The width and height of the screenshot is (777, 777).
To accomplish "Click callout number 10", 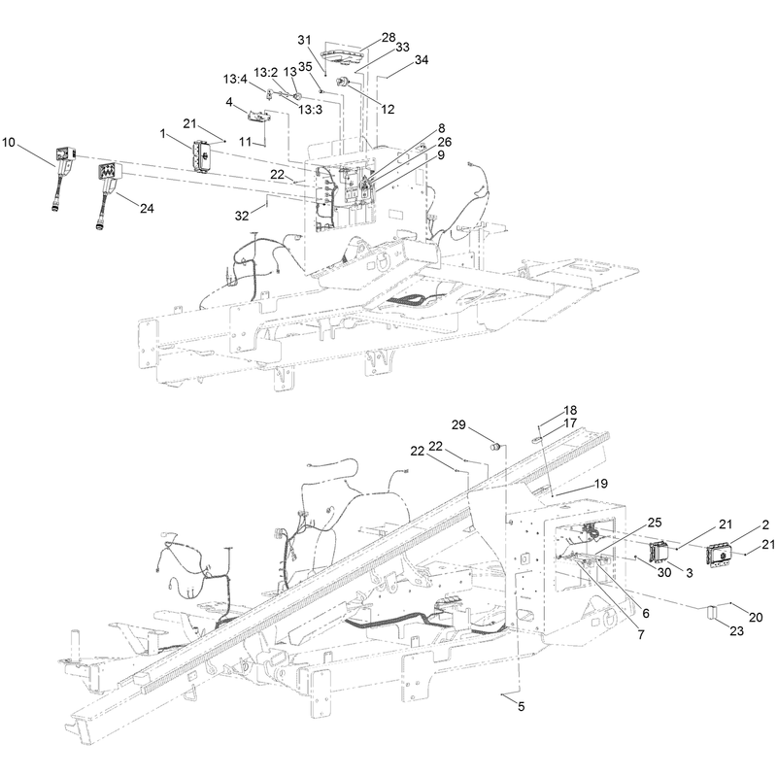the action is coord(9,143).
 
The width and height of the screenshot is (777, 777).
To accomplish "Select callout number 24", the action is coord(147,209).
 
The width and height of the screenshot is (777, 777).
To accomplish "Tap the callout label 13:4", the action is coord(235,79).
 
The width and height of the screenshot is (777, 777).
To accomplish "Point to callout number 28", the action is coord(389,37).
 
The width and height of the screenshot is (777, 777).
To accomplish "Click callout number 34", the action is coord(422,60).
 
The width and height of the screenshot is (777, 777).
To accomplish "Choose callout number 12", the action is coord(388,109).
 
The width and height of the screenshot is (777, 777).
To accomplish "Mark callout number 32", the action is coord(242,216).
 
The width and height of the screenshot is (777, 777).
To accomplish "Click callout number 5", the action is coord(522,706).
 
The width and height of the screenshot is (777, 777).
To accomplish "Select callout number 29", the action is coord(458,424).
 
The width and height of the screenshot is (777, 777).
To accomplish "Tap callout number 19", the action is coord(600,483).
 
